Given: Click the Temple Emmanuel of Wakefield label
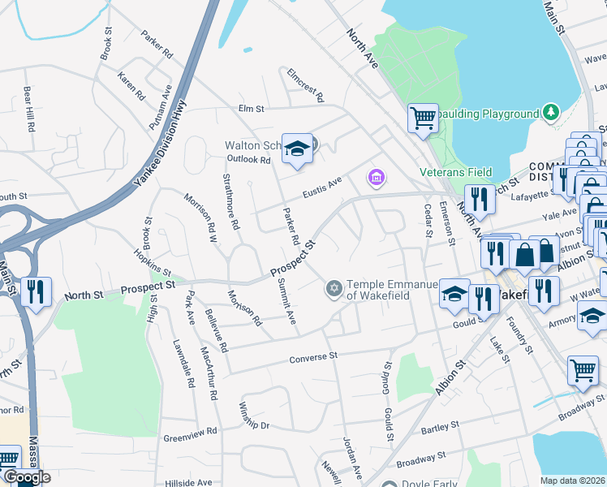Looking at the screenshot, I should click(392, 290).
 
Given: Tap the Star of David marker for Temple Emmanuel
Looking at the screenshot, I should click(333, 288).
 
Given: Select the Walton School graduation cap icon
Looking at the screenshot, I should click(297, 148).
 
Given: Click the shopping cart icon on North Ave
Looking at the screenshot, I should click(423, 118).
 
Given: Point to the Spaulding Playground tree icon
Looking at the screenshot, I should click(551, 110).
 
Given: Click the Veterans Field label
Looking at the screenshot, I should click(455, 172).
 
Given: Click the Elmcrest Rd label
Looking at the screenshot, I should click(305, 84).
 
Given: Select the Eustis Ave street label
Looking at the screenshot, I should click(323, 187).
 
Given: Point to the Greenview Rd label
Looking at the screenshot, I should click(191, 434).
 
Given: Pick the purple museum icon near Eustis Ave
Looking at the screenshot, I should click(375, 176).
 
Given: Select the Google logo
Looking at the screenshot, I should click(26, 478).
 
